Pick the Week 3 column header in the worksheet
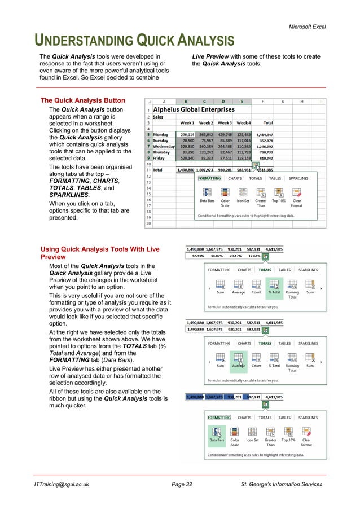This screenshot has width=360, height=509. (x=225, y=123)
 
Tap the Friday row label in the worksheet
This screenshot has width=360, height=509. (x=160, y=159)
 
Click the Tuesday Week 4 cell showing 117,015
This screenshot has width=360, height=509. (x=243, y=141)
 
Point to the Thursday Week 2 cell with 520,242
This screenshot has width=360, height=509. (x=206, y=153)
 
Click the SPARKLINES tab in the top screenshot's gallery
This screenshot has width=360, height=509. (x=298, y=178)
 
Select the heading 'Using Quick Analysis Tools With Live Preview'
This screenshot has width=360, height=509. (x=99, y=253)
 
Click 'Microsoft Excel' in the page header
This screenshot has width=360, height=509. (x=305, y=27)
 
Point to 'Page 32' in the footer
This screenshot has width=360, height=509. (x=182, y=484)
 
